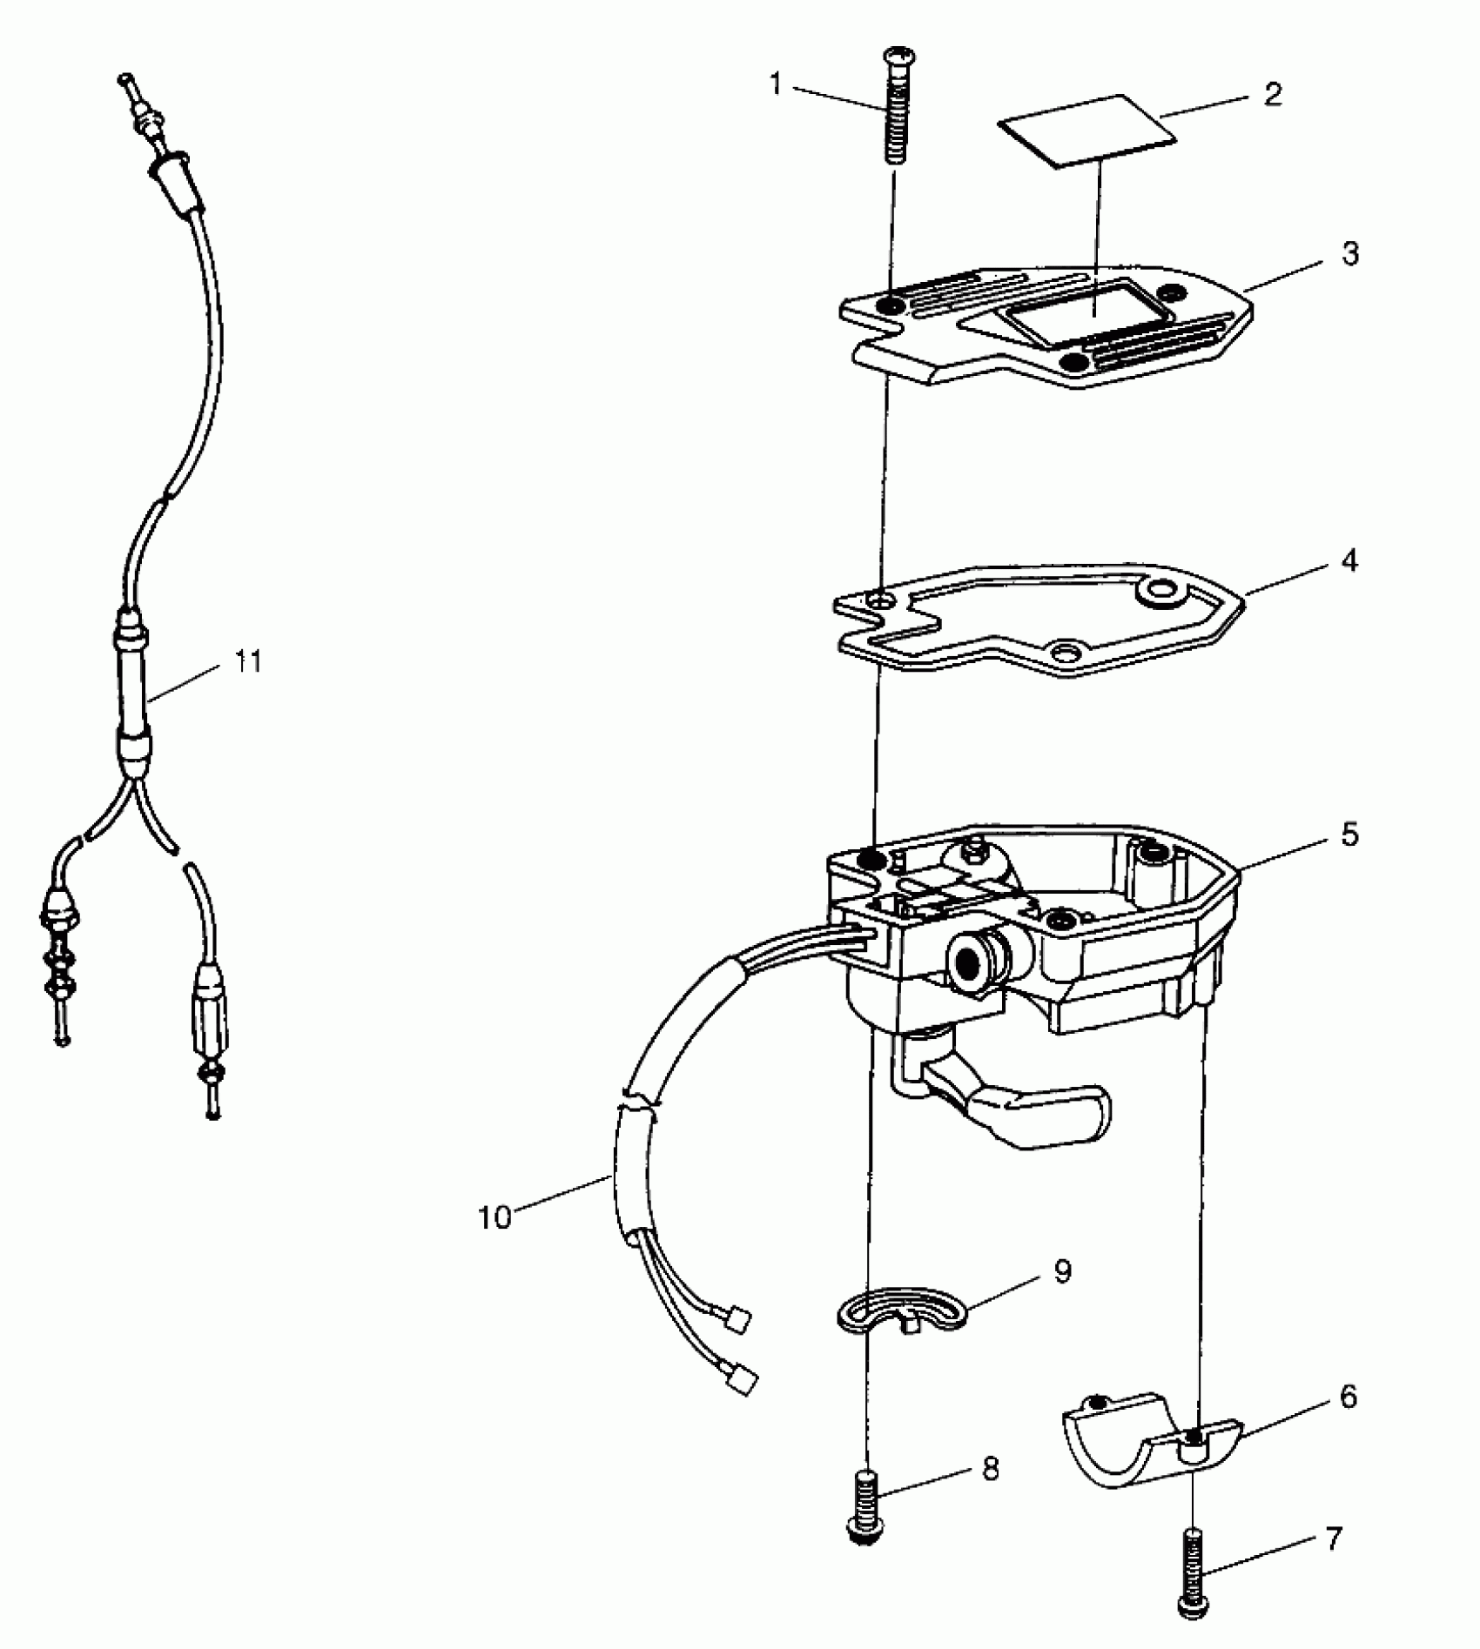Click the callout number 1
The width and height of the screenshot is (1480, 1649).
[776, 86]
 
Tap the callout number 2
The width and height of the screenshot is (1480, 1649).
[1272, 95]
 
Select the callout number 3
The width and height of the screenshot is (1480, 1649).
[1349, 254]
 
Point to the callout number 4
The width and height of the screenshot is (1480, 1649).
[1349, 561]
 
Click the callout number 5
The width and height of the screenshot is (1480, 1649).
[1349, 835]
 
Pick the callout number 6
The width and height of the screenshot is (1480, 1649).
[1347, 1421]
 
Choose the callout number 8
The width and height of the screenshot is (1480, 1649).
[990, 1469]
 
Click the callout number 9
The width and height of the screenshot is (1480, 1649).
[1062, 1271]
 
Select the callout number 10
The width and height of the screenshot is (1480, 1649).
[494, 1217]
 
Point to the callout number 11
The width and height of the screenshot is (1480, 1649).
[247, 661]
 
